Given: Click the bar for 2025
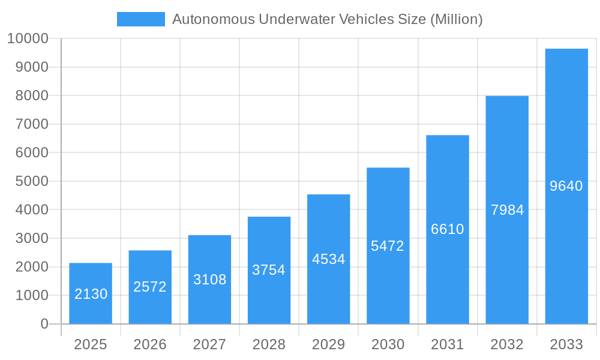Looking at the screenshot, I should [91, 293].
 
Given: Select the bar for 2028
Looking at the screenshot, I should [269, 270].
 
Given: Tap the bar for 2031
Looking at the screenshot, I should [448, 229].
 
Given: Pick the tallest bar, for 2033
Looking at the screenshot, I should [566, 186].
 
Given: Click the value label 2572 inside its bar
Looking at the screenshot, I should [150, 287].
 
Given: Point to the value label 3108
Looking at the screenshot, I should [209, 280].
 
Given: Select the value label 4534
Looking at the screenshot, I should [328, 259].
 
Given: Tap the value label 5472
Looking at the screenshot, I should [388, 246].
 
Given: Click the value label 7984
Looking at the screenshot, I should [507, 210].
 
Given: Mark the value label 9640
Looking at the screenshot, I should [566, 186].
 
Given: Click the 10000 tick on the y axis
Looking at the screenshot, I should [28, 39].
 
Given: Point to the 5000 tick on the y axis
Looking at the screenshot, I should [31, 181].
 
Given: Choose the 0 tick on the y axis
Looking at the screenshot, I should [44, 324].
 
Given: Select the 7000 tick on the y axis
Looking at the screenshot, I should [31, 124].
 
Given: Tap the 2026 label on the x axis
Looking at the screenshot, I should [150, 344].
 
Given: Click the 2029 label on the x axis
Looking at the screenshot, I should [328, 344].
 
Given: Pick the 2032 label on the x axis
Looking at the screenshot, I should [507, 344].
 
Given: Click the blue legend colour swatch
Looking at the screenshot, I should [141, 19].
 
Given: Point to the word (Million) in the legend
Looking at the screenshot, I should [457, 19].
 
